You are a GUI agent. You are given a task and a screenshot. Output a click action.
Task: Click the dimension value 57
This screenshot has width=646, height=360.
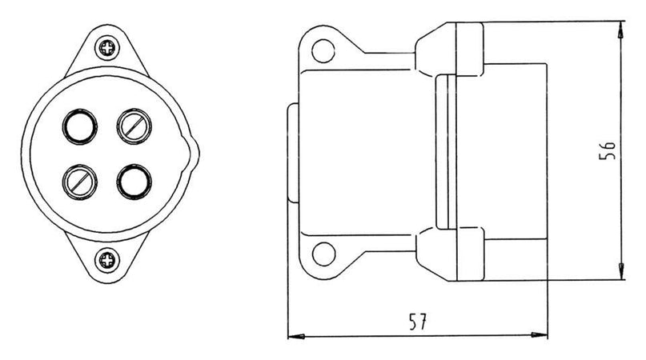[x=418, y=322]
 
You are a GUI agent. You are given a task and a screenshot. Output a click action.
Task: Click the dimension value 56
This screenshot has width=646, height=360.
[x=607, y=150]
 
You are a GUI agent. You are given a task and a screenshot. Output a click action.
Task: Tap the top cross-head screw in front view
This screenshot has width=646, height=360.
[x=107, y=48]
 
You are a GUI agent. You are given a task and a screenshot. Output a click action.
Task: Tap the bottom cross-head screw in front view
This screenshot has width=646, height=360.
[x=107, y=260]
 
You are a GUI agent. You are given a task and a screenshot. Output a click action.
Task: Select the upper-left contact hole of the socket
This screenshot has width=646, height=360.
[x=80, y=126]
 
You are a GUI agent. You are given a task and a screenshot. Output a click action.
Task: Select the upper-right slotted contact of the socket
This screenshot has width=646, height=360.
[x=134, y=126]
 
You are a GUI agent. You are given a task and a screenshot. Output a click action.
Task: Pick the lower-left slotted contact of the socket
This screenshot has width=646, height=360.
[x=80, y=182]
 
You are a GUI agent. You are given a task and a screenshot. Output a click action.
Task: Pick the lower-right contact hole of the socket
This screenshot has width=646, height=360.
[x=134, y=182]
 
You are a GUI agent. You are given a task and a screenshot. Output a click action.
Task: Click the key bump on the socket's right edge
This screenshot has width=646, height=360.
[x=193, y=154]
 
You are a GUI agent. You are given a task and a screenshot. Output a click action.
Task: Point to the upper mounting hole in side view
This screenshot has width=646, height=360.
[x=323, y=50]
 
